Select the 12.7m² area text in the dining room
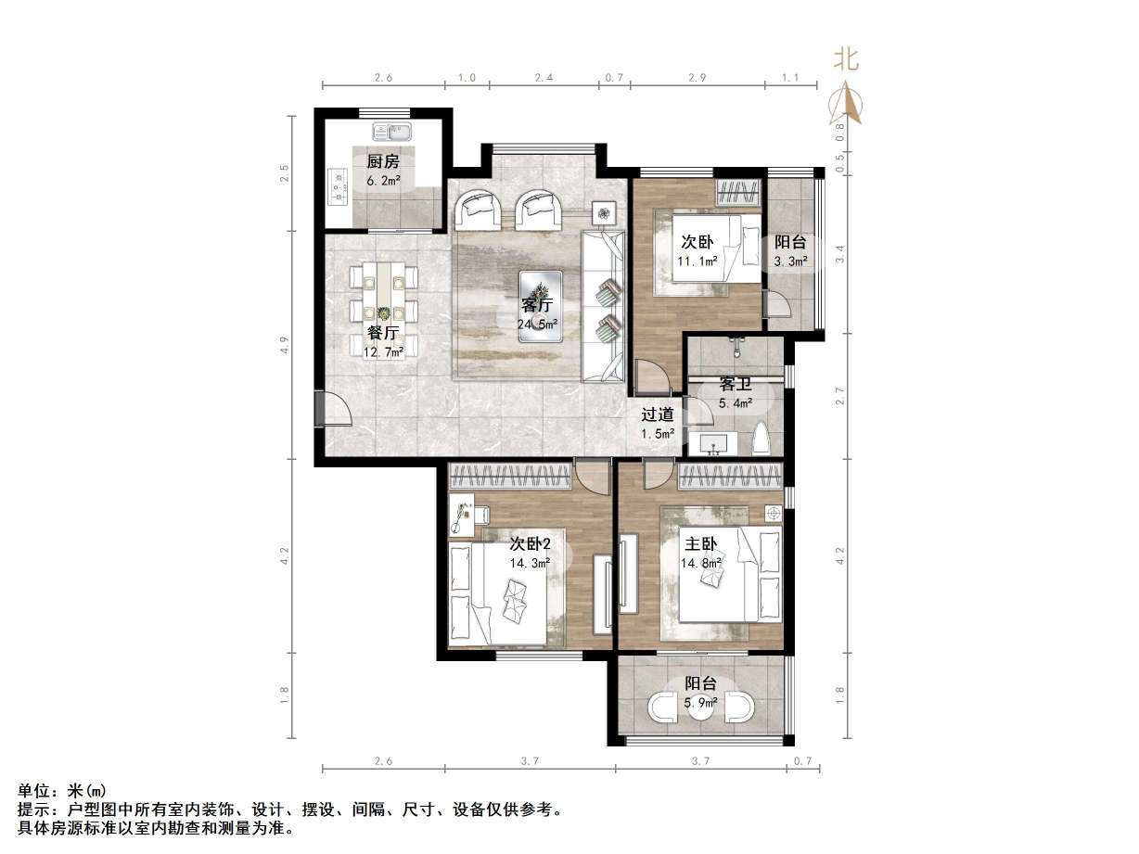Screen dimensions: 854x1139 pos(383,352)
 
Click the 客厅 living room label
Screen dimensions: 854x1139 pos(537,305)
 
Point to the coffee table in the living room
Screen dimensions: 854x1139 pos(539,305)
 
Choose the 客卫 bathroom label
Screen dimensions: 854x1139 pos(735,384)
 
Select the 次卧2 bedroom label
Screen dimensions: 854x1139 pos(530,543)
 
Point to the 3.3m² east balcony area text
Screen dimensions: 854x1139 pos(790,261)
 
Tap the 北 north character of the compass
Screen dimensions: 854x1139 pos(846,61)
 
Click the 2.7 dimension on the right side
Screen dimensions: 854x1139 pos(840,397)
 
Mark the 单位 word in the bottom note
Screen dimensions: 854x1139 pos(37,791)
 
